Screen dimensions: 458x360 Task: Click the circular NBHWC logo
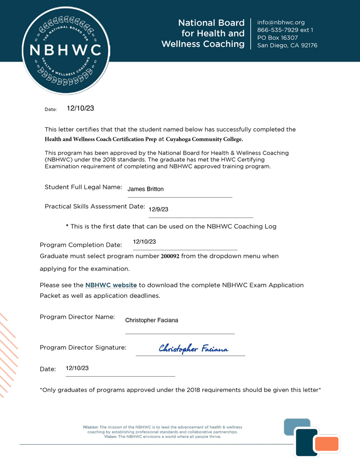[65, 50]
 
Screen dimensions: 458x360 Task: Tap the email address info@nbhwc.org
[281, 22]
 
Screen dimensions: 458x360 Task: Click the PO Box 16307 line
[277, 38]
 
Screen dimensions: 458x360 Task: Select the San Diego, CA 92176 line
[287, 45]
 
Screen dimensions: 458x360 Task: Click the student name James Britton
[146, 189]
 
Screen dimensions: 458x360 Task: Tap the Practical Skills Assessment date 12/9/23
[158, 210]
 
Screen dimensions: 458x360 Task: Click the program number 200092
[170, 256]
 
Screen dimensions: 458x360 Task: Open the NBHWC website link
[111, 285]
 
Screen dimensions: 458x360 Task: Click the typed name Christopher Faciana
[152, 320]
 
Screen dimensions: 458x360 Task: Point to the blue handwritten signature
[193, 349]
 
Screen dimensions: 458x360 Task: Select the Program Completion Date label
[81, 245]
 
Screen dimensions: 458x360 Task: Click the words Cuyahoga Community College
[204, 139]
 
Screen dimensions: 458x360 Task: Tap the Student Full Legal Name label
[83, 187]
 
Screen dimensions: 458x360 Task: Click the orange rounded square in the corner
[327, 444]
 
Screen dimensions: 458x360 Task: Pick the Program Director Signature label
[83, 347]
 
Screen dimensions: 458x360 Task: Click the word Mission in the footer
[91, 427]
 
